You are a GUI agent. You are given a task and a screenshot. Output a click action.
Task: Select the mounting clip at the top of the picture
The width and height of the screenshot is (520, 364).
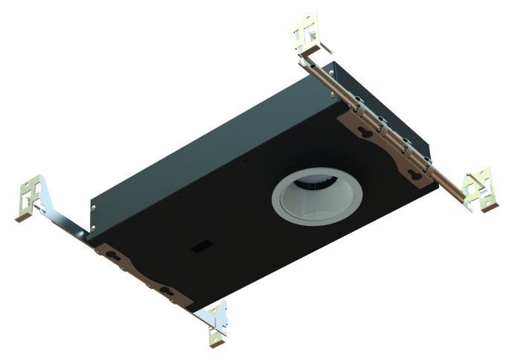pyautogui.click(x=311, y=33)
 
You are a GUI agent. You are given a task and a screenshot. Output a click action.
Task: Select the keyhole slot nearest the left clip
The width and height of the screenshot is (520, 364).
pyautogui.click(x=113, y=256)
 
